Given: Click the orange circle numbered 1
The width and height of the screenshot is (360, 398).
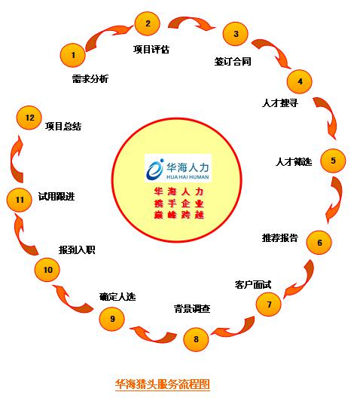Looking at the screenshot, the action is click(x=73, y=55).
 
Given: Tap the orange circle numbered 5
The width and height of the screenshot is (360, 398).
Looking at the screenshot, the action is click(x=333, y=161).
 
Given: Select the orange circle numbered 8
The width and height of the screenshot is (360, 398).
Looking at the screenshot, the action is click(x=196, y=339).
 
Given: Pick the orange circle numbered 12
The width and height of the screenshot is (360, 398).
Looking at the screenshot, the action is click(x=29, y=118).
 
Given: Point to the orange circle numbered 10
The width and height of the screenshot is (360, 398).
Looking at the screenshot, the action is click(x=47, y=270).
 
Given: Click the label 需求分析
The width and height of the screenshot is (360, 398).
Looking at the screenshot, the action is click(x=90, y=78).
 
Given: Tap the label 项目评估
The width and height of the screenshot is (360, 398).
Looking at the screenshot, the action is click(x=151, y=49).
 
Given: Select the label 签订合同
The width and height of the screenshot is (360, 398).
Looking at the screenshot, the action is click(x=233, y=61).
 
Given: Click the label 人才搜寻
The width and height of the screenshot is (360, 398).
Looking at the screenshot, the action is click(x=280, y=103).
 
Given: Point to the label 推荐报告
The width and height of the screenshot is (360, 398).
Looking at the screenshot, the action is click(x=280, y=237).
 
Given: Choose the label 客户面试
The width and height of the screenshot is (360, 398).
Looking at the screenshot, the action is click(x=253, y=284).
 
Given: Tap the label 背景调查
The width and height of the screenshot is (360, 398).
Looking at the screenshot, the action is click(x=192, y=308).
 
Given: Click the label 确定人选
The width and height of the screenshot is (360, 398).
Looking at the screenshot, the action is click(x=117, y=296).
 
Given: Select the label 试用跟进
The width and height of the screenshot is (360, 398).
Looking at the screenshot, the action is click(x=56, y=196).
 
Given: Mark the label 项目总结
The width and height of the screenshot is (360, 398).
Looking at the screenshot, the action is click(x=63, y=126).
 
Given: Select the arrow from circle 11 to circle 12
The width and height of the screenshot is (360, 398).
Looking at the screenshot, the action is click(x=14, y=160).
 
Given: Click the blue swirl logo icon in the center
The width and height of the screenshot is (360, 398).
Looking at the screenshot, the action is click(x=154, y=169).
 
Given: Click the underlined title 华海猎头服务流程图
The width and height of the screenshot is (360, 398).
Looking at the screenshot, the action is click(x=163, y=384).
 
